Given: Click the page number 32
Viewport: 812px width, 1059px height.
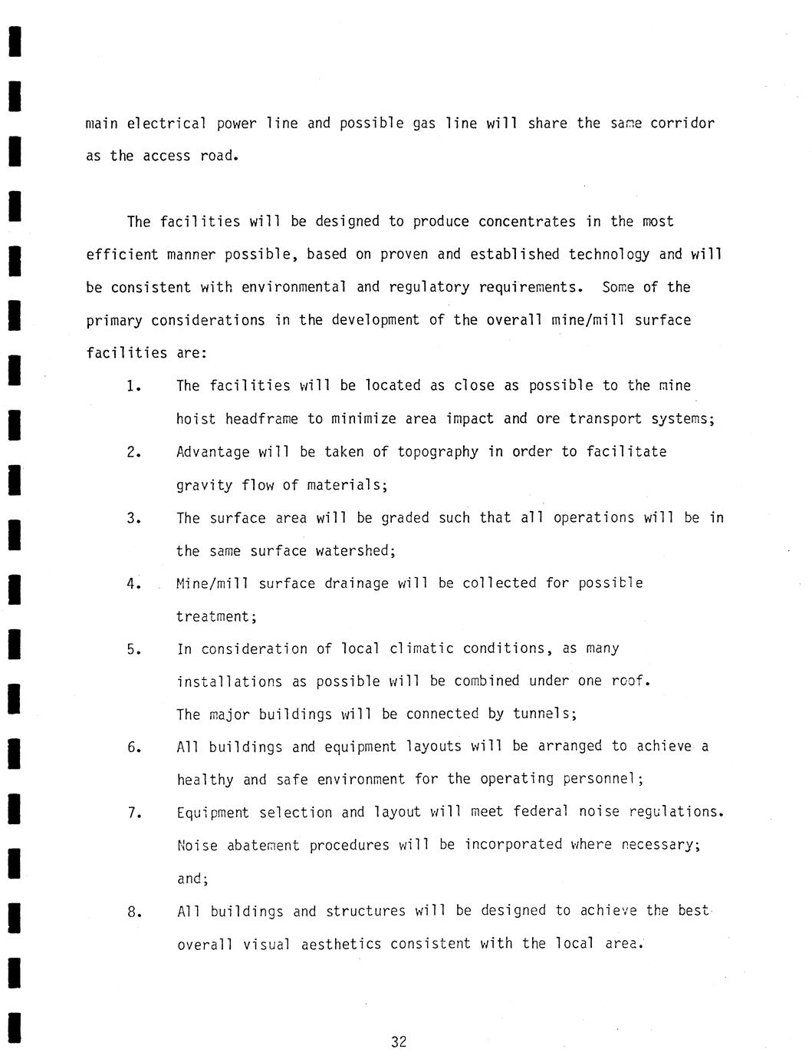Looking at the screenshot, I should click(x=399, y=1041).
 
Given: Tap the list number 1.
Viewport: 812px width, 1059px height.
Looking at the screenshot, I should click(x=134, y=386).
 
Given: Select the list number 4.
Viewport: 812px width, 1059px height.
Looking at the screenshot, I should click(x=134, y=584).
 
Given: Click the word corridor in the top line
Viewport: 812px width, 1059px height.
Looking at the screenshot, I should click(x=682, y=124).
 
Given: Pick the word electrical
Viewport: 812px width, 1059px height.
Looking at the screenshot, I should click(x=166, y=124).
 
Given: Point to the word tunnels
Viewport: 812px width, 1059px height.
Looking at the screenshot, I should click(x=544, y=714).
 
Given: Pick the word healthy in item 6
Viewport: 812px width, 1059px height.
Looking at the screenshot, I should click(x=205, y=780).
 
